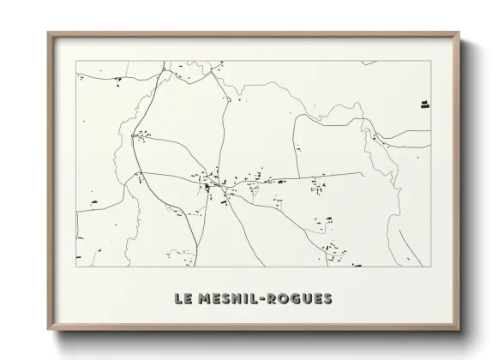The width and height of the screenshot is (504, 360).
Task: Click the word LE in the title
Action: click(x=183, y=299)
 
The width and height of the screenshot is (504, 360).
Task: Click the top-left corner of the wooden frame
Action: click(x=48, y=33)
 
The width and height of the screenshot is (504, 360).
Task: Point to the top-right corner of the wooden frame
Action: click(x=460, y=33)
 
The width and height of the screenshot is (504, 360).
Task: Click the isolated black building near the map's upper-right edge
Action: click(x=423, y=105)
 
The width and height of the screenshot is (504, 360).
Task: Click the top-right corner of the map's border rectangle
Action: click(x=431, y=61)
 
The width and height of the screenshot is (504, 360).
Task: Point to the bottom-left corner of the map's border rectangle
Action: click(x=76, y=267)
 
